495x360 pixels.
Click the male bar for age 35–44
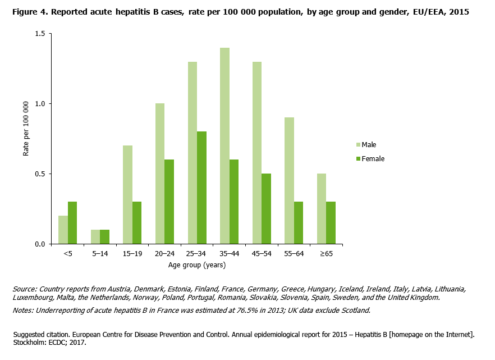coord(224,146)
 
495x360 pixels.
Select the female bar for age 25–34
coord(201,188)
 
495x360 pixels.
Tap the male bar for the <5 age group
coord(63,230)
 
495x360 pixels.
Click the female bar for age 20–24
coord(169,202)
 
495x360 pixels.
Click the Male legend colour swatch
coord(358,145)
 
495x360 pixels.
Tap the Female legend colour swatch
coord(358,159)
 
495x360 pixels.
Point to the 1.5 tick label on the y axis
coord(39,34)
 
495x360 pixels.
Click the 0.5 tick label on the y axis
coord(39,174)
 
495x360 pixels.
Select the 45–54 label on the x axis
coord(262,254)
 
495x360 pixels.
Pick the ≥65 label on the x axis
coord(326,254)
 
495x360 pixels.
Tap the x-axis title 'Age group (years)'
coord(196,265)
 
